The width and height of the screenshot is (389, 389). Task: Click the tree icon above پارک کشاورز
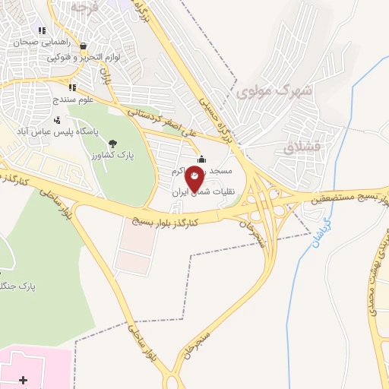click(112, 143)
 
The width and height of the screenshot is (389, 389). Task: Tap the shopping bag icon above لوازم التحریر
click(82, 46)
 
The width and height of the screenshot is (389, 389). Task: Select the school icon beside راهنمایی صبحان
click(42, 31)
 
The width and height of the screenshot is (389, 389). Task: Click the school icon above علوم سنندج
click(72, 87)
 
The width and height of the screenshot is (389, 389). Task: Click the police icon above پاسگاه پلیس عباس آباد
click(57, 119)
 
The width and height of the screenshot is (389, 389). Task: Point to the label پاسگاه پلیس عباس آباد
click(53, 131)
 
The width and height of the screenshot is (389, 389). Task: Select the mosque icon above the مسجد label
click(201, 159)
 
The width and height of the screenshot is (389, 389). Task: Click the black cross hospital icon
click(23, 379)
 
